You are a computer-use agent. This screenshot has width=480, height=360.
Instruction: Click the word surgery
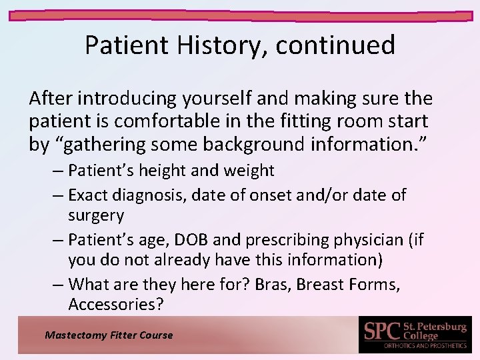click(96, 215)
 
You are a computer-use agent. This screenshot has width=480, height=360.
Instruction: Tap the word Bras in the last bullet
click(271, 285)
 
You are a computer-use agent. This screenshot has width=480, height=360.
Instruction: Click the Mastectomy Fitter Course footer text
click(108, 335)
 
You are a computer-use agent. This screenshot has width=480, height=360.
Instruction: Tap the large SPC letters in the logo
click(381, 331)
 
